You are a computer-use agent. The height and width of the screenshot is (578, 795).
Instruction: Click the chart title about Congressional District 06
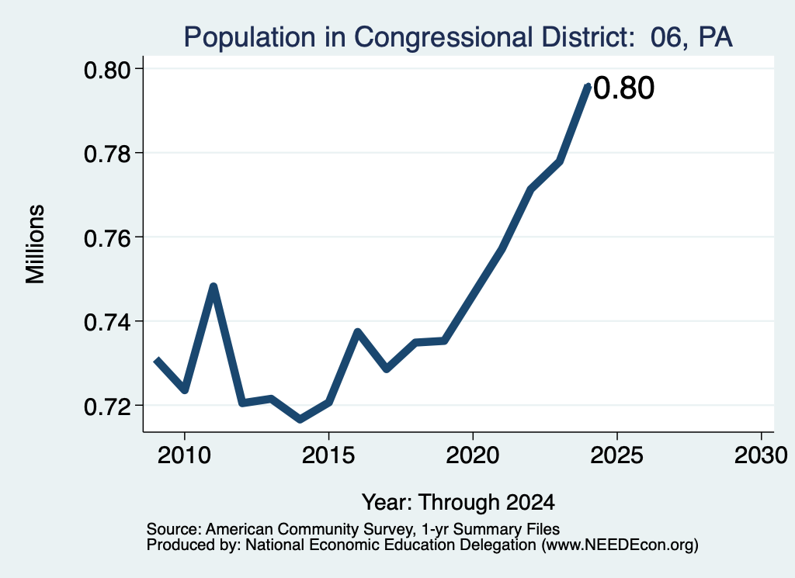(x=458, y=37)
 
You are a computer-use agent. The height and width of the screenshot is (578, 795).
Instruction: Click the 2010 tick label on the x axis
(x=184, y=455)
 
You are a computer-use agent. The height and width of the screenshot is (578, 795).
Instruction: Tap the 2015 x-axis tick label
(x=328, y=455)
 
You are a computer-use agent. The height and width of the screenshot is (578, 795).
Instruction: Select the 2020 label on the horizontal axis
(x=473, y=455)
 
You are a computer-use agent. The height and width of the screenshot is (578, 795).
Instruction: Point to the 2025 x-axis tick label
(x=617, y=455)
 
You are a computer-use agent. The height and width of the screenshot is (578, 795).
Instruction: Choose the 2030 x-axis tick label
(x=761, y=455)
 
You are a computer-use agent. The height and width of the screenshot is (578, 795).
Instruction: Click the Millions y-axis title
(x=35, y=244)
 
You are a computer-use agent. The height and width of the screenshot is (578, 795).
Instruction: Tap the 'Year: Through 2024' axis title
(x=458, y=502)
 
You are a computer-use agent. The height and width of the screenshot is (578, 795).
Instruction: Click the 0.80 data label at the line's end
(x=623, y=88)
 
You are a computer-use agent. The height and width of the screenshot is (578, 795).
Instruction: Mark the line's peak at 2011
(x=214, y=287)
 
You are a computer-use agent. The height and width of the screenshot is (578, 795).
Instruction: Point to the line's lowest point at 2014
(x=300, y=420)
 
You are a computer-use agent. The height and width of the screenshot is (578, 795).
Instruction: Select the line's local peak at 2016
(x=357, y=332)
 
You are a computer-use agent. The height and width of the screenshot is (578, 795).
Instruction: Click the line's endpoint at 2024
(x=588, y=85)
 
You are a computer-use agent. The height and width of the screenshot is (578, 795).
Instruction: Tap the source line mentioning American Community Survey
(x=353, y=529)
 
